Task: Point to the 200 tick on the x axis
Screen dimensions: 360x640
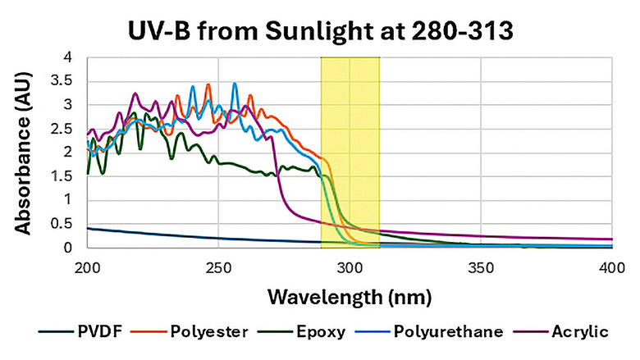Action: [87, 268]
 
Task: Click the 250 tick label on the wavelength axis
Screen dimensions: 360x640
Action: [218, 268]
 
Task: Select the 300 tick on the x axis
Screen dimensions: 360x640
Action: [350, 268]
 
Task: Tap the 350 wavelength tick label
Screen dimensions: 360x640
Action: [481, 268]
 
